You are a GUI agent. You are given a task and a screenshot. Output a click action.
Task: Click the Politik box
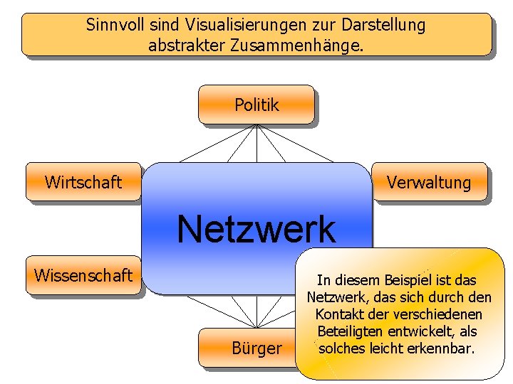point(256,105)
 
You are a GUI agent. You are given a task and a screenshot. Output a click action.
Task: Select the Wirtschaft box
point(83,182)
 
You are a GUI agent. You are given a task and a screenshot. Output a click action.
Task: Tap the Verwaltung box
point(429,182)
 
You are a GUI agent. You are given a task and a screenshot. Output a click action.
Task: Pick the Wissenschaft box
point(83,274)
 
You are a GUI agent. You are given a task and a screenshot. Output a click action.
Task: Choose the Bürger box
point(256,348)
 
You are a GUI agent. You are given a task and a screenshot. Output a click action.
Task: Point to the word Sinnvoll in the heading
point(115,26)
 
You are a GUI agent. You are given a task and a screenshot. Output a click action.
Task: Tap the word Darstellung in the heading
point(383,26)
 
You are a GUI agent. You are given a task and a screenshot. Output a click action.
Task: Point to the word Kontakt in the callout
point(338,314)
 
